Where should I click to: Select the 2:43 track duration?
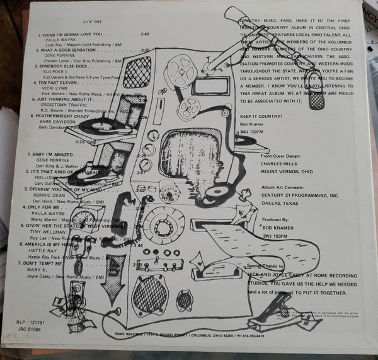pyautogui.click(x=145, y=32)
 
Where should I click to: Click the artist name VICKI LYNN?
pyautogui.click(x=59, y=88)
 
